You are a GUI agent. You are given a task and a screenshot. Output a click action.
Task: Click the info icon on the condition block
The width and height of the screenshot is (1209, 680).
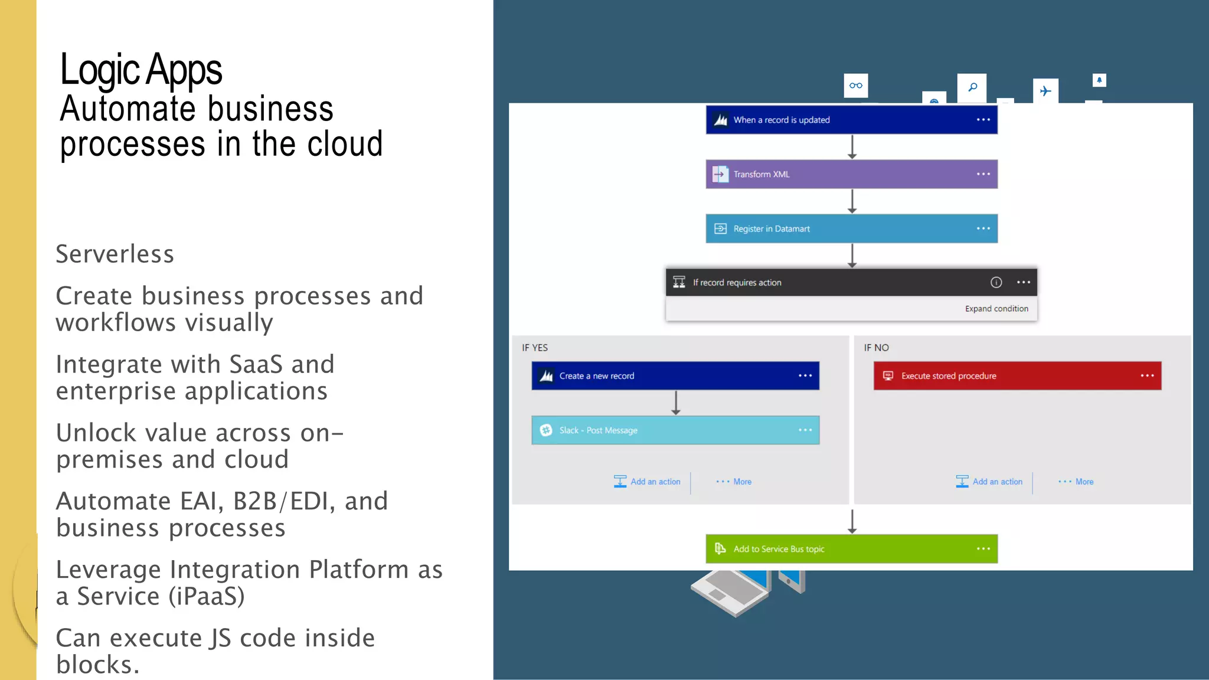[996, 283]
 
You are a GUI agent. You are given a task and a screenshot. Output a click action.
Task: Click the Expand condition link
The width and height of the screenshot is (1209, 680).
[996, 309]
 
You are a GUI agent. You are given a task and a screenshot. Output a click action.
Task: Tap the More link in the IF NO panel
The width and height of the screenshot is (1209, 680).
[1083, 482]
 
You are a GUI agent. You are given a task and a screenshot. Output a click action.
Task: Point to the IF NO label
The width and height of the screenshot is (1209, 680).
[876, 348]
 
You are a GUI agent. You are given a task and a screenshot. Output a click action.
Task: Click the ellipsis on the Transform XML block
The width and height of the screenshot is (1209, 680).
[983, 174]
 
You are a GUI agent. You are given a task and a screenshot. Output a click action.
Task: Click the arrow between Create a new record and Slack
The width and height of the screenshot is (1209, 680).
[675, 403]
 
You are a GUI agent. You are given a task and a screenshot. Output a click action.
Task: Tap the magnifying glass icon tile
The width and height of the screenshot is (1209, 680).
[972, 87]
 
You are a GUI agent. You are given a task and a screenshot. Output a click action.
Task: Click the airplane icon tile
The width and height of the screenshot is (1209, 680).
[1045, 91]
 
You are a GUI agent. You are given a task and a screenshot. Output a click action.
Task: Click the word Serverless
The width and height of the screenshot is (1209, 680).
[115, 254]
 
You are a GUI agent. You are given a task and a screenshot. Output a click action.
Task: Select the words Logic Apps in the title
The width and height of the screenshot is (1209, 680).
[141, 70]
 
